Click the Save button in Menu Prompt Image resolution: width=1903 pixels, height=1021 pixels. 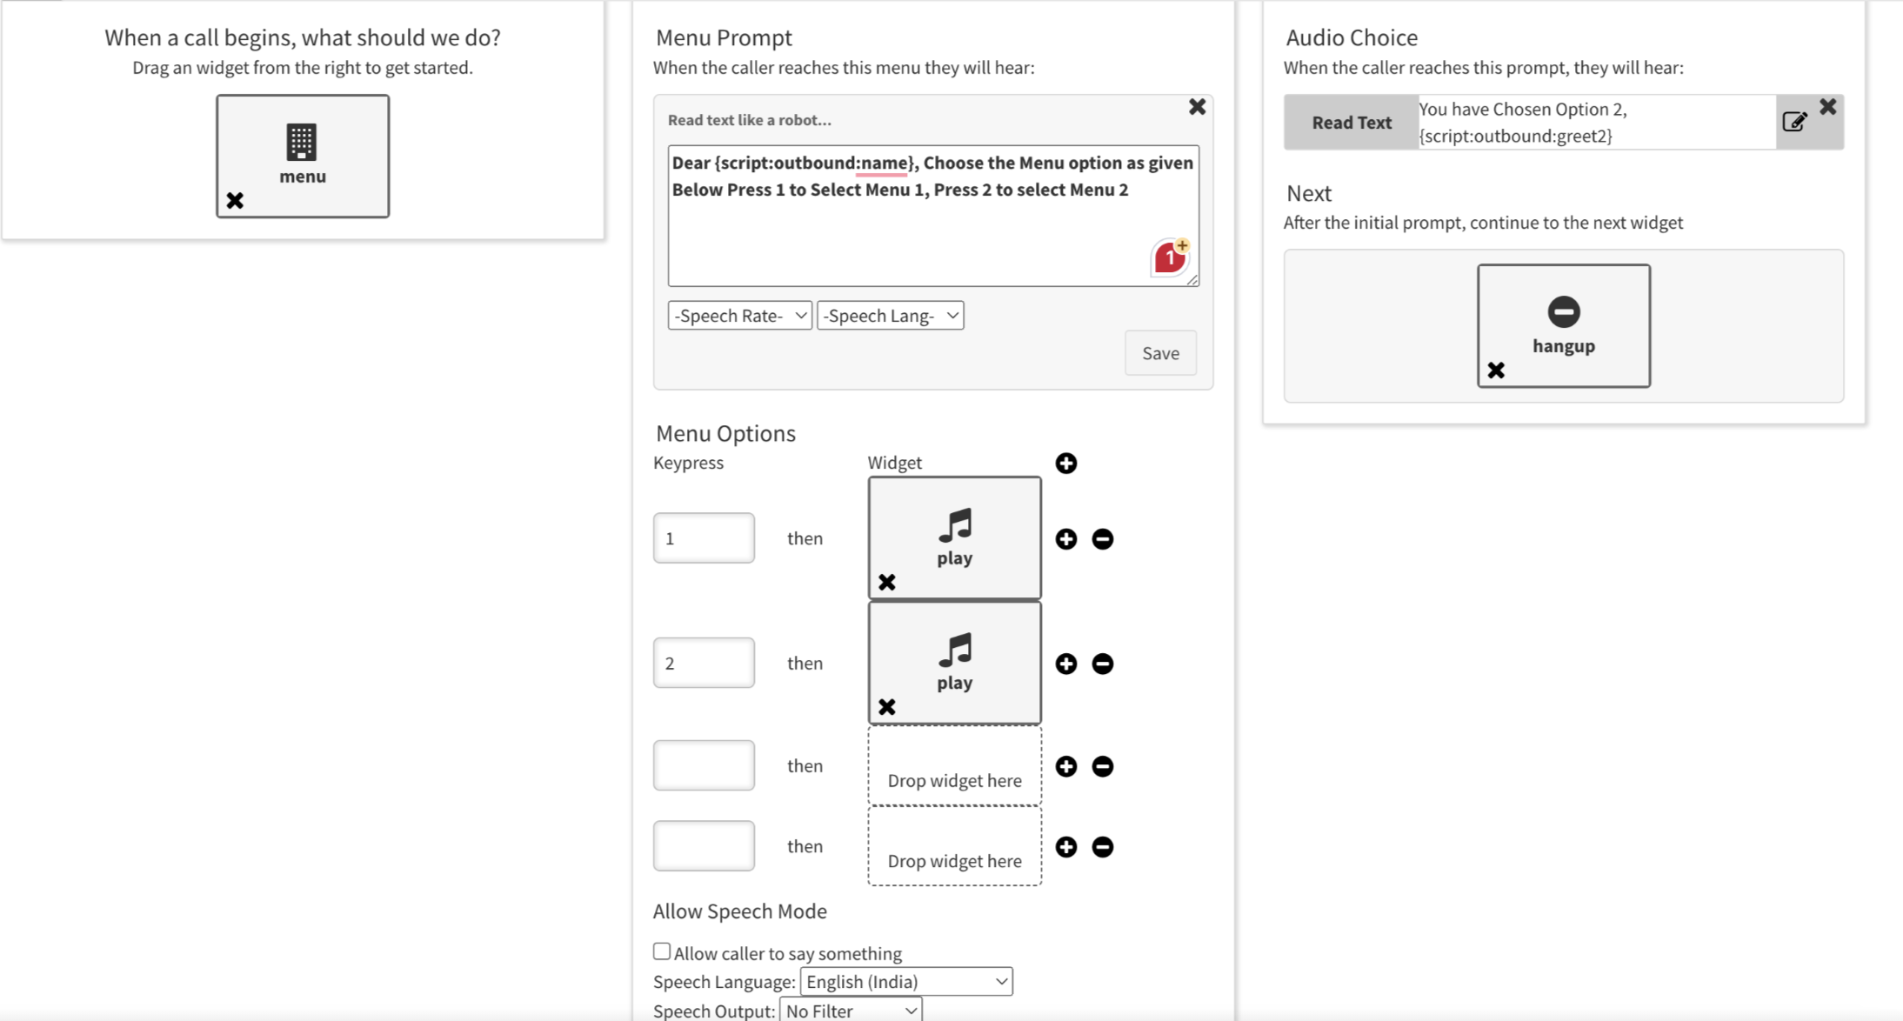1159,353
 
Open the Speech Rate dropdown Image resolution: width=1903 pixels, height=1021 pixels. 739,316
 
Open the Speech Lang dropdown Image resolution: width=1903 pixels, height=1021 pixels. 890,316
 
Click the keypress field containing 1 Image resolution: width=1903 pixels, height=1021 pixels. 704,538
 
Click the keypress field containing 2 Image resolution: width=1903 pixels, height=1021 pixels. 704,664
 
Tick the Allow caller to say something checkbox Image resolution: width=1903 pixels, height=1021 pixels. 662,951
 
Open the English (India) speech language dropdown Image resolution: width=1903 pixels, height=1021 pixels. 905,982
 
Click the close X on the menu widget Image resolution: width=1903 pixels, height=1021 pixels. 235,201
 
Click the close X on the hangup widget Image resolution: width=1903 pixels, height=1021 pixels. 1496,370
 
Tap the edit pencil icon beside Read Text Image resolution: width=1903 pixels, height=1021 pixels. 1794,122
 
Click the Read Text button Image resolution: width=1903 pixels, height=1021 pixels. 1351,123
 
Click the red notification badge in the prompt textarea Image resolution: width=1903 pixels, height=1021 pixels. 1171,257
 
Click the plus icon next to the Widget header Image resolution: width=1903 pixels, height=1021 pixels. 1066,464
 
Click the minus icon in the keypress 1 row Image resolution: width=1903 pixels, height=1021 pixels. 1103,539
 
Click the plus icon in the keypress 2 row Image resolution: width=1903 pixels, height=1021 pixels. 1066,664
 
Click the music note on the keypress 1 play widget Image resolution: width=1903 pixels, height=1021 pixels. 955,525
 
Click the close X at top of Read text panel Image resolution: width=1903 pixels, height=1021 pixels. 1197,107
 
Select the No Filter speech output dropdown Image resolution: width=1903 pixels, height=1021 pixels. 851,1011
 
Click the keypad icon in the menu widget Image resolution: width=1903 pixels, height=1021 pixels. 302,142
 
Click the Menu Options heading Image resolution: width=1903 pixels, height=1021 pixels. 725,433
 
